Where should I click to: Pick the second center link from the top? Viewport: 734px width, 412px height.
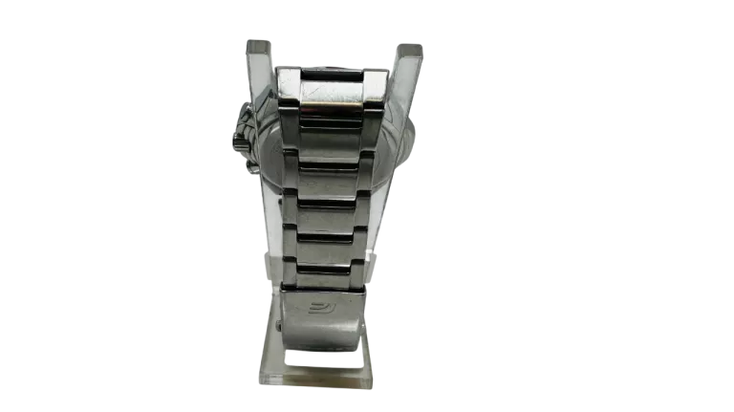click(331, 129)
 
